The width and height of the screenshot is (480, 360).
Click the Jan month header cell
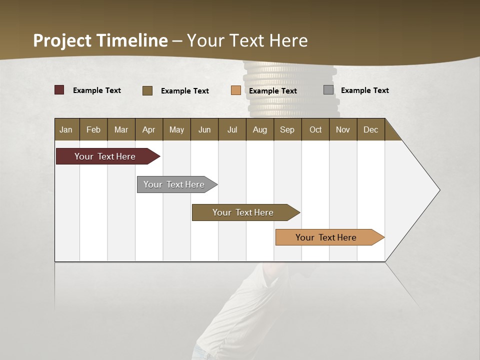pyautogui.click(x=66, y=129)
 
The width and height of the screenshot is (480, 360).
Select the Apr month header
pyautogui.click(x=149, y=129)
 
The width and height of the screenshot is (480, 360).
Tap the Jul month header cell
pyautogui.click(x=232, y=129)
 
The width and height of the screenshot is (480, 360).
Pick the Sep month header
pyautogui.click(x=287, y=129)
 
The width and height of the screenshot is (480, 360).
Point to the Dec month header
pyautogui.click(x=370, y=129)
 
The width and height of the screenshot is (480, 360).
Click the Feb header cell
pyautogui.click(x=93, y=129)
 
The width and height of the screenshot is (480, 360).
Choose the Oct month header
pyautogui.click(x=315, y=129)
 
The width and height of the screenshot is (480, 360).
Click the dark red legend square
pyautogui.click(x=59, y=90)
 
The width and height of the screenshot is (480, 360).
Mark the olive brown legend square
pyautogui.click(x=147, y=90)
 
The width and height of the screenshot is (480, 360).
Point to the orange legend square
pyautogui.click(x=236, y=90)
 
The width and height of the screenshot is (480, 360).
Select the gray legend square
pyautogui.click(x=328, y=90)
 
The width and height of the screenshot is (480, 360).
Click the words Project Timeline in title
pyautogui.click(x=100, y=40)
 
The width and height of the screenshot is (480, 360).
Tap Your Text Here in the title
pyautogui.click(x=247, y=40)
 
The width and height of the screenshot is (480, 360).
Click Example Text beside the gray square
pyautogui.click(x=364, y=90)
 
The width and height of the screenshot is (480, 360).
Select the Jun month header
pyautogui.click(x=204, y=129)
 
